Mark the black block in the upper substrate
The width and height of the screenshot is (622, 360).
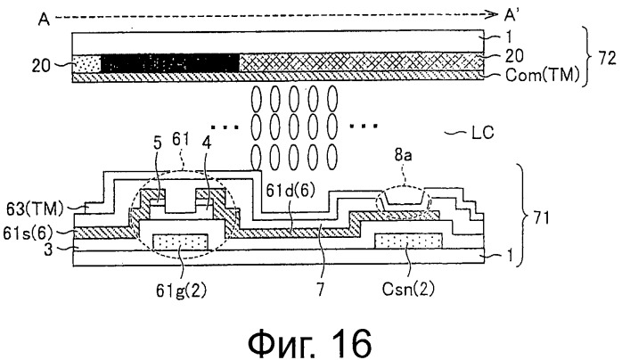[x=170, y=63]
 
